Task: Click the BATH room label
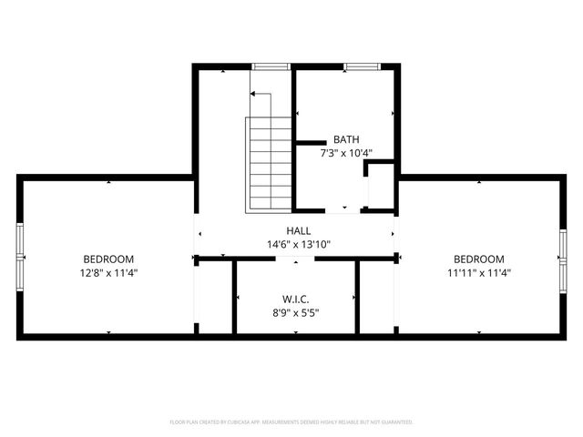(x=346, y=140)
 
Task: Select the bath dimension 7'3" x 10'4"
(x=346, y=154)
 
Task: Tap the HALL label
(x=298, y=231)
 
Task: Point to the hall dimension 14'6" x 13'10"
(x=298, y=245)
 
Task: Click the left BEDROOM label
(x=108, y=259)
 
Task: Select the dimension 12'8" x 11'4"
(x=108, y=272)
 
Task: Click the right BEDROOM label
(x=478, y=259)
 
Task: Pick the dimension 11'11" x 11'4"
(x=478, y=272)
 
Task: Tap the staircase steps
(x=268, y=164)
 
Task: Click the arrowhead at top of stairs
(x=253, y=94)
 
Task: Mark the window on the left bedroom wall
(x=20, y=259)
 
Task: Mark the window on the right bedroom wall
(x=562, y=259)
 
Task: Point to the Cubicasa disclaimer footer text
(x=291, y=422)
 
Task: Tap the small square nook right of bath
(x=380, y=187)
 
